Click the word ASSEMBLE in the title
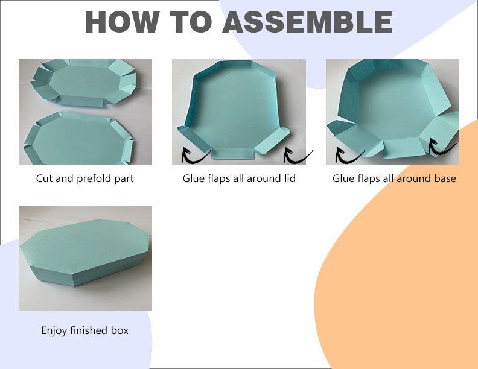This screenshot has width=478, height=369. coord(307,22)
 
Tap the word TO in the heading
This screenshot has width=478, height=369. coord(191,22)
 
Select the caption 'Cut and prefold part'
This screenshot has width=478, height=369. coord(85,178)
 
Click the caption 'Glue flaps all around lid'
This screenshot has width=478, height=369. coord(239,178)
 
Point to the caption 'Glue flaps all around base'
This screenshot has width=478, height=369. coord(394,178)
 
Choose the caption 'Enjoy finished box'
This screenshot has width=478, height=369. coord(85,330)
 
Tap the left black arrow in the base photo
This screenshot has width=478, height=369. coord(348,154)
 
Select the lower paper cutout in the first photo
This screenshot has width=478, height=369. coord(78,137)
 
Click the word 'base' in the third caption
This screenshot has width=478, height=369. coord(444,178)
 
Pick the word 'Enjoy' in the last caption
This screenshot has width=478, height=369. coord(54,330)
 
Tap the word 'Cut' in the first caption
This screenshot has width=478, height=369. coord(44,178)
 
